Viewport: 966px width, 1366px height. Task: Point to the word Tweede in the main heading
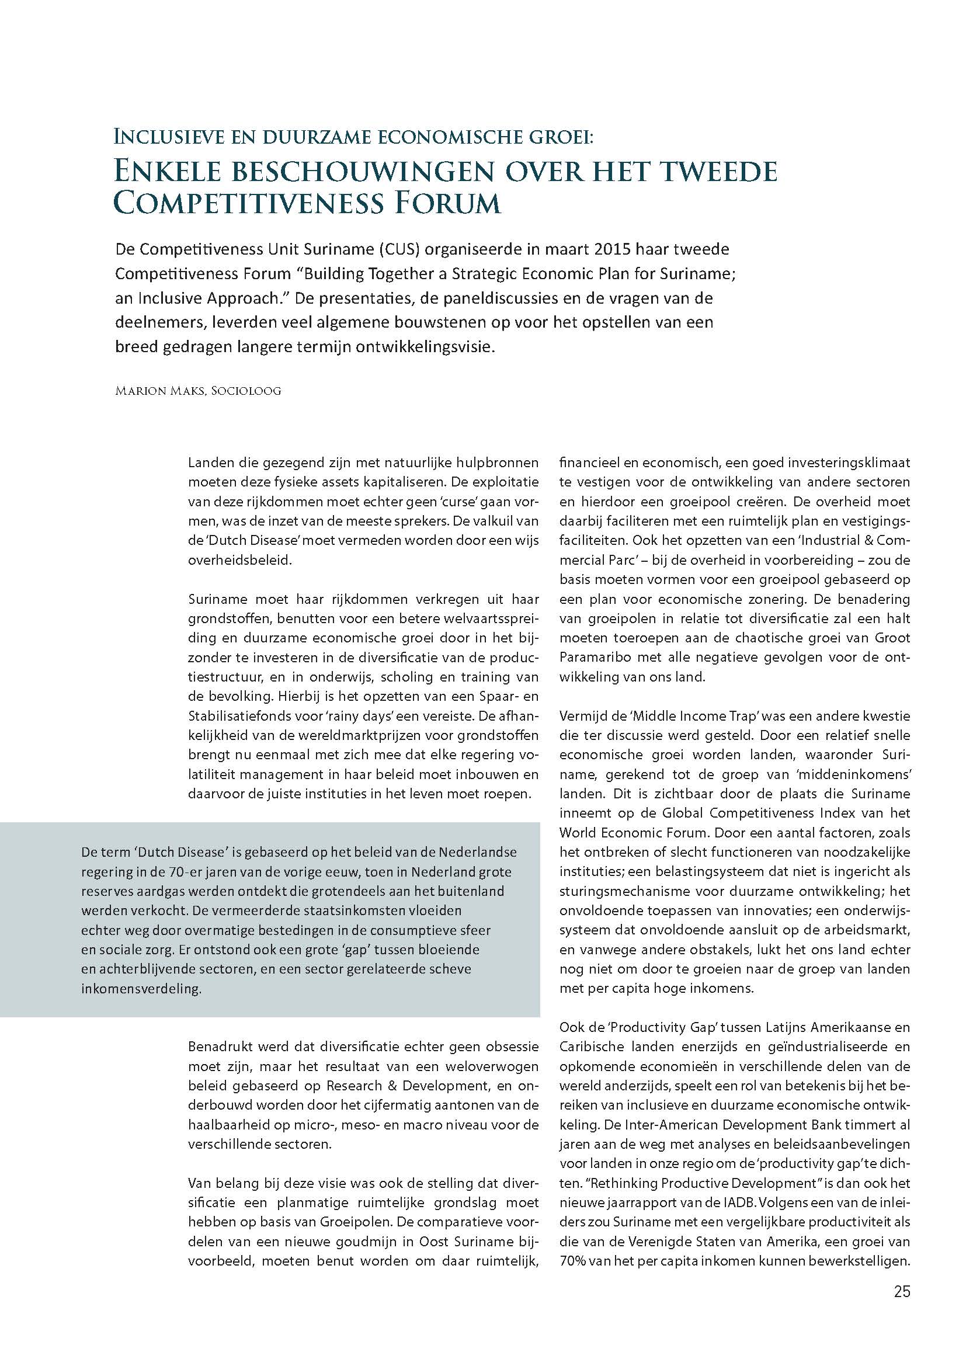tap(713, 171)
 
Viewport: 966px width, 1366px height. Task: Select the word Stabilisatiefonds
tap(242, 716)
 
